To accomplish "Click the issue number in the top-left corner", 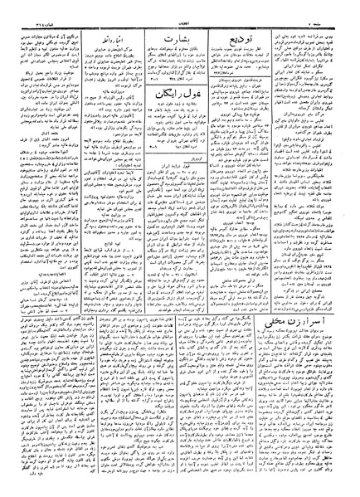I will (21, 7).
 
